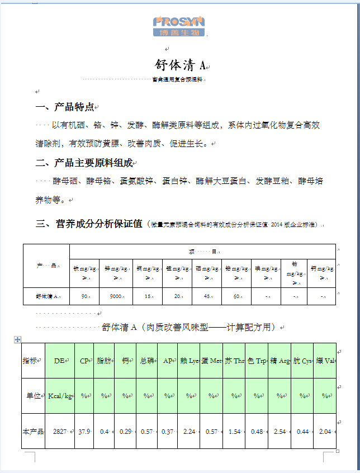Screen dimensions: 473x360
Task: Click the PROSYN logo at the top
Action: pyautogui.click(x=179, y=26)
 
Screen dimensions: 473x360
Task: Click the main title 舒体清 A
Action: pyautogui.click(x=179, y=64)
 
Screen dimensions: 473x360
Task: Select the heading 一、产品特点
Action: pyautogui.click(x=64, y=107)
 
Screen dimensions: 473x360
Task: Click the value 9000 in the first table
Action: pyautogui.click(x=116, y=296)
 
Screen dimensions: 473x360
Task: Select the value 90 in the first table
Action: pyautogui.click(x=85, y=296)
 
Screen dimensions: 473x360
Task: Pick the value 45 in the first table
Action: pyautogui.click(x=207, y=296)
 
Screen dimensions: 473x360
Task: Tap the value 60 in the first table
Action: pyautogui.click(x=236, y=296)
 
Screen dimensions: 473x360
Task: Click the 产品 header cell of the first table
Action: pyautogui.click(x=46, y=266)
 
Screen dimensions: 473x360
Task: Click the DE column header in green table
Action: pyautogui.click(x=59, y=361)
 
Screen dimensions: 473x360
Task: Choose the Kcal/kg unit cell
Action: pyautogui.click(x=59, y=396)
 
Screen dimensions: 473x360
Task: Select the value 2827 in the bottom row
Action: pyautogui.click(x=59, y=432)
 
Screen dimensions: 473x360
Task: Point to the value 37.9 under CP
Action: pyautogui.click(x=84, y=432)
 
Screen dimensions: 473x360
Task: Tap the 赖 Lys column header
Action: pyautogui.click(x=189, y=361)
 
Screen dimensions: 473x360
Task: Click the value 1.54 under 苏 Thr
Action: pyautogui.click(x=234, y=432)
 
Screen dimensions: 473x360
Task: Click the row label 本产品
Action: pyautogui.click(x=33, y=432)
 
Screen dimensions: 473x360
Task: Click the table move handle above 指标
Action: pyautogui.click(x=17, y=339)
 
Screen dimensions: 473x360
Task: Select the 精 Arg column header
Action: pyautogui.click(x=280, y=361)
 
